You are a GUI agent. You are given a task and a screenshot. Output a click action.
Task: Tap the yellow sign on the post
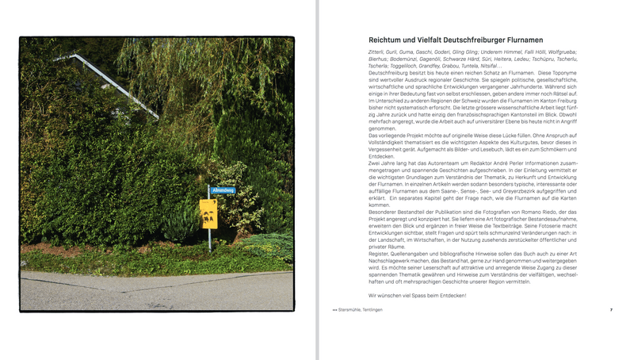[x=208, y=213]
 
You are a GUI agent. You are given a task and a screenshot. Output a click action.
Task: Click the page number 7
[x=611, y=310]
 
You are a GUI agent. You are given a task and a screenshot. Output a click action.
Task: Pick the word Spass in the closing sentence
[x=420, y=296]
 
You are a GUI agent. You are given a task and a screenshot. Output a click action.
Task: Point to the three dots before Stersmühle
[x=334, y=310]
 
